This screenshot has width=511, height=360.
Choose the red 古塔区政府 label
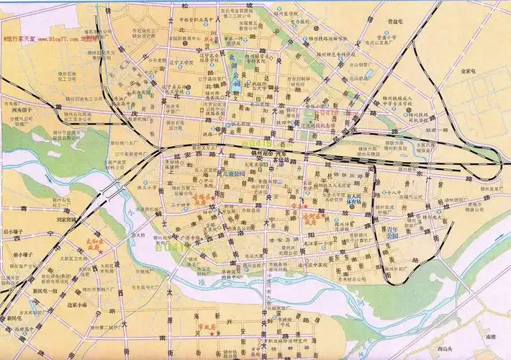point(202,199)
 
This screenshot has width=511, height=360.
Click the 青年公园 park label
point(392,231)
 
